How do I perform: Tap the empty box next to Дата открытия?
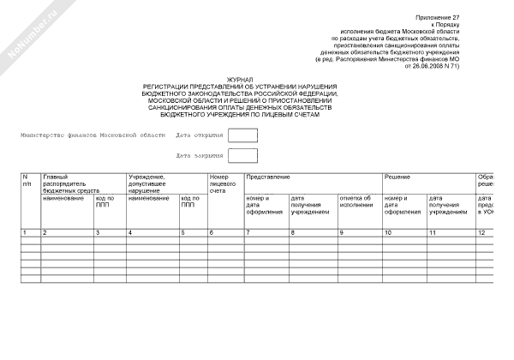(242, 135)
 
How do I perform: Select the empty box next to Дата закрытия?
(242, 156)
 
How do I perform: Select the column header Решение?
(396, 177)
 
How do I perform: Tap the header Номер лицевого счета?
(222, 183)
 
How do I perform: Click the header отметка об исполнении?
(356, 202)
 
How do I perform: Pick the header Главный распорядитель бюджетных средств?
(71, 183)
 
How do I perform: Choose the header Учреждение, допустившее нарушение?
(146, 183)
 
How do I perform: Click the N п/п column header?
(28, 180)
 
